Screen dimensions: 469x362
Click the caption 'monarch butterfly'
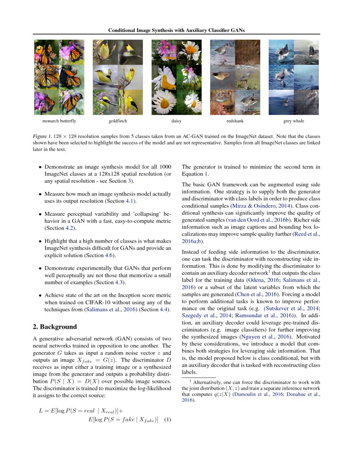pos(56,121)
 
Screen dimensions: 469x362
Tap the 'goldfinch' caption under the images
pos(117,121)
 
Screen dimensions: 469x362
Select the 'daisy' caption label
pos(176,121)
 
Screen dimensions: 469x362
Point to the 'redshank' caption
pos(235,121)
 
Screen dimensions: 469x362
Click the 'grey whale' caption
pos(294,121)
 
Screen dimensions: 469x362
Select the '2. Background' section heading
pos(55,327)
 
